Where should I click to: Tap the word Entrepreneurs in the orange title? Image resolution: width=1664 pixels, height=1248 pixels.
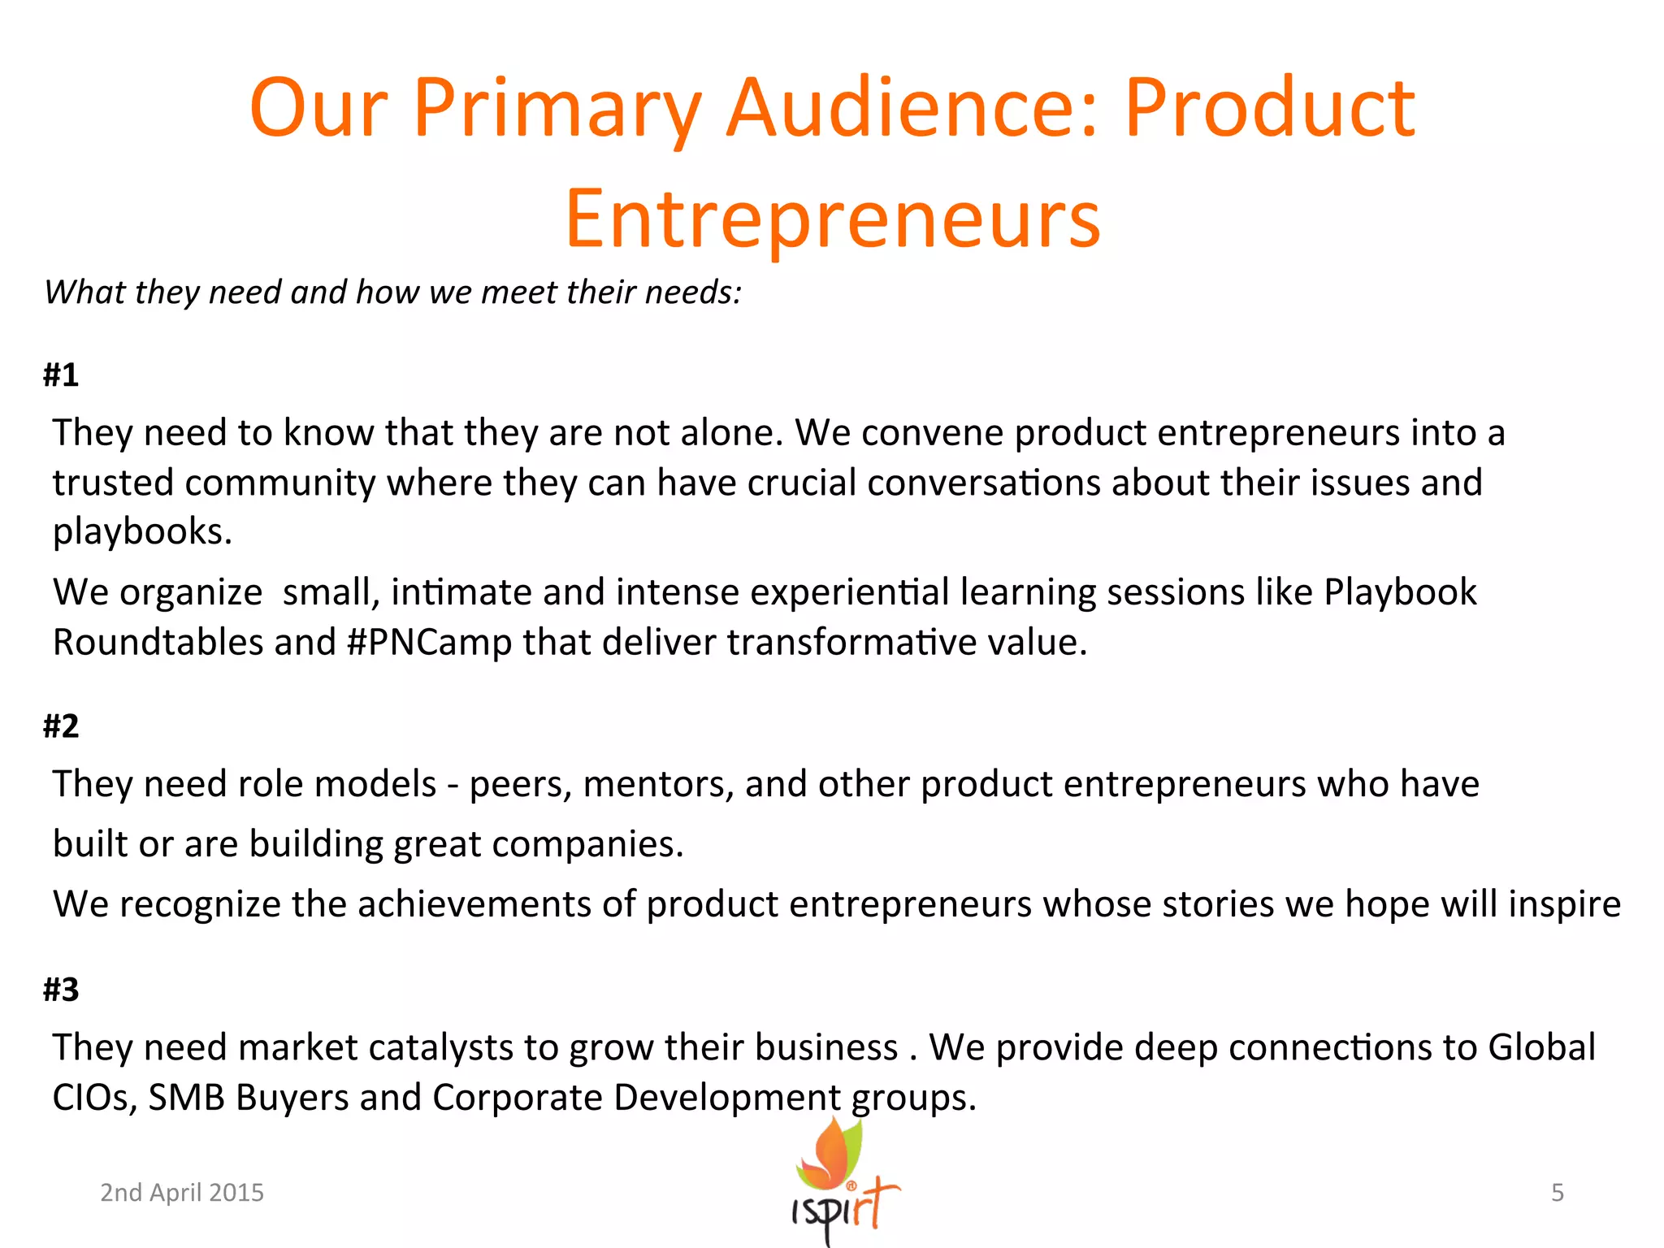pyautogui.click(x=833, y=219)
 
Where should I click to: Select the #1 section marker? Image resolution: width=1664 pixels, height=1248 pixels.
pyautogui.click(x=61, y=375)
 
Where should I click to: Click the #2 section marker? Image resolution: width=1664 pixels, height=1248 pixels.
pyautogui.click(x=61, y=726)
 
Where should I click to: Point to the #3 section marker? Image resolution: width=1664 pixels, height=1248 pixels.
pyautogui.click(x=61, y=990)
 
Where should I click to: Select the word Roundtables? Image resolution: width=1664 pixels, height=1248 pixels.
pyautogui.click(x=158, y=643)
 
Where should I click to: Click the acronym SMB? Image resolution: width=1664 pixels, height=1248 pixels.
pyautogui.click(x=186, y=1098)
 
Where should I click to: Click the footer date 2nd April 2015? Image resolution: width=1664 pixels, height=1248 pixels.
pyautogui.click(x=182, y=1192)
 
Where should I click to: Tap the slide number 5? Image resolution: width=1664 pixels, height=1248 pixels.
pyautogui.click(x=1557, y=1192)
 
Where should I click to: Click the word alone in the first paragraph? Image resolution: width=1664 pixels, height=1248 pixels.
pyautogui.click(x=731, y=433)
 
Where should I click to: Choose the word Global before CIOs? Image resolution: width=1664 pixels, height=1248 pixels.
pyautogui.click(x=1541, y=1048)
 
